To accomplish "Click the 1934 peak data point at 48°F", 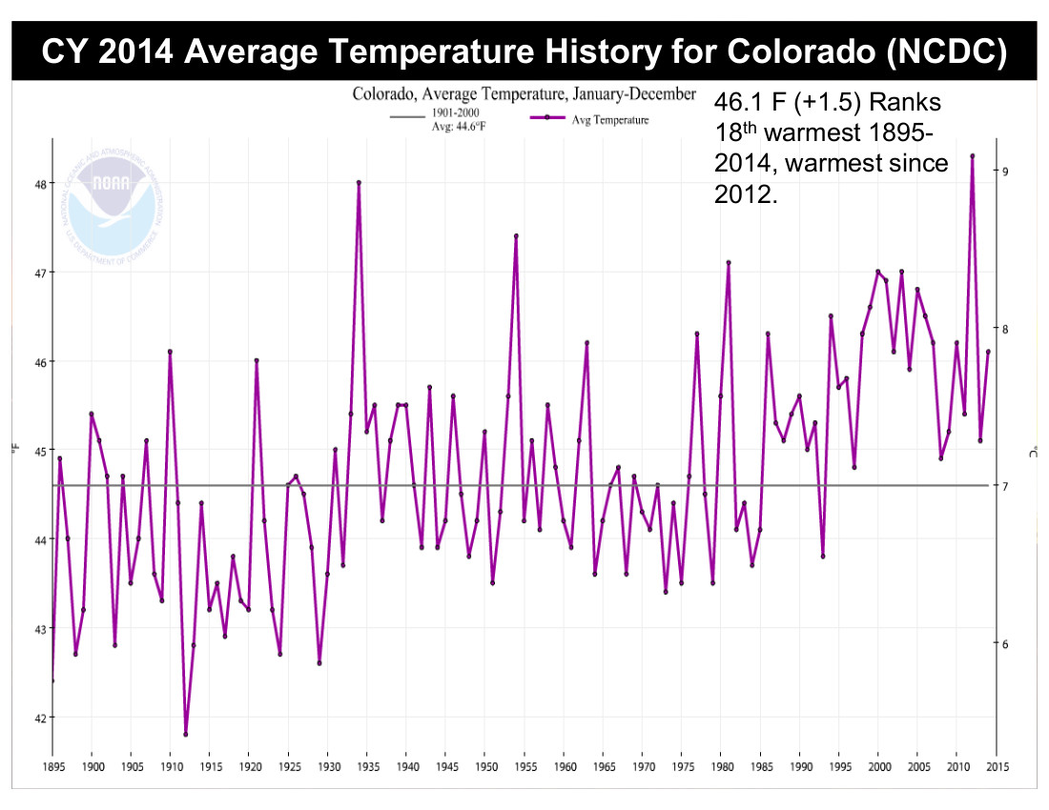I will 359,182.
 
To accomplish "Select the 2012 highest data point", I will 972,155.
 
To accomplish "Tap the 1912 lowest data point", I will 186,734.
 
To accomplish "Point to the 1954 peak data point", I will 516,235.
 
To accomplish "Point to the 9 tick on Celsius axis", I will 1005,171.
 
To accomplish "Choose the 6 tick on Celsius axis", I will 1005,644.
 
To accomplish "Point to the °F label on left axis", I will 14,446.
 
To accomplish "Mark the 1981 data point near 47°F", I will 729,262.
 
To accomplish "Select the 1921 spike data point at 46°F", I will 257,360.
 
